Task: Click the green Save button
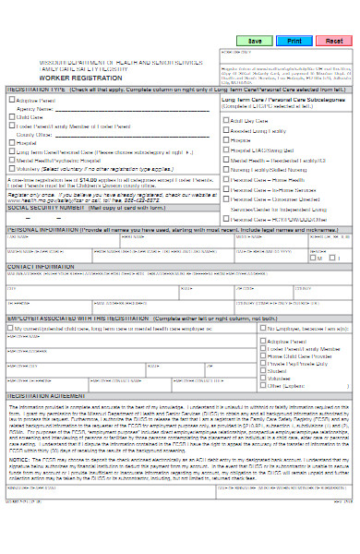pos(255,42)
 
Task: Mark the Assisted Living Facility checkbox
pos(224,130)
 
